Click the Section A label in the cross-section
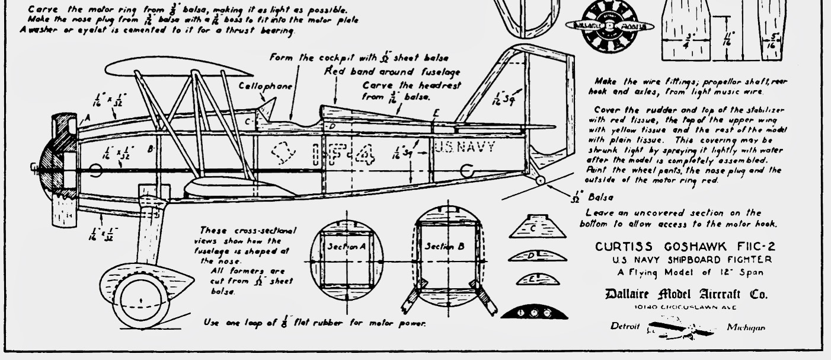coord(347,246)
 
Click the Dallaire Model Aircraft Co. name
coord(685,294)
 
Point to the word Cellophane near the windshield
coord(266,86)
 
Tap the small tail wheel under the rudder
coord(541,180)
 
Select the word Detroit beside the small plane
coord(625,327)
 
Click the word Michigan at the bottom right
coord(745,327)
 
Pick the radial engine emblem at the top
coord(609,26)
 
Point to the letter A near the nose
coord(87,119)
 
